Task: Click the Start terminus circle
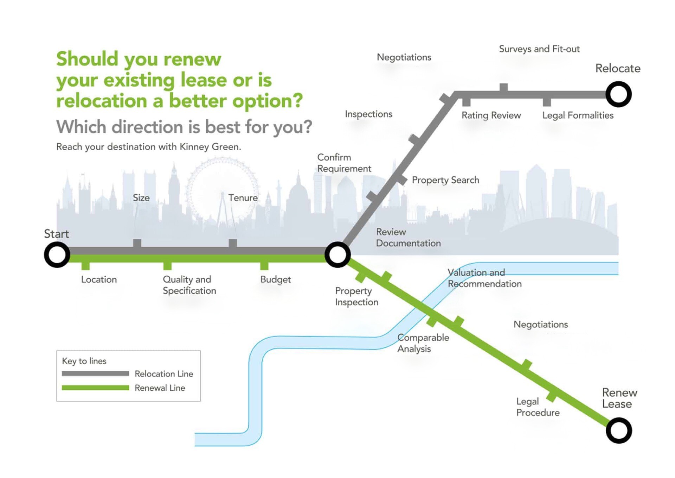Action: (x=57, y=254)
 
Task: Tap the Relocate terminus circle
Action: (x=618, y=94)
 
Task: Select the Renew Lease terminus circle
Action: (x=619, y=430)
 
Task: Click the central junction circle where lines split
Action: (x=337, y=254)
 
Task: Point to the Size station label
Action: (x=141, y=198)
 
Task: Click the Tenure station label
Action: (x=243, y=198)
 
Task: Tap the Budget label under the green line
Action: (x=275, y=279)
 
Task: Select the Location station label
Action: (x=99, y=279)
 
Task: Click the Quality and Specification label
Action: (x=189, y=285)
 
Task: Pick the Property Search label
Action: (x=445, y=180)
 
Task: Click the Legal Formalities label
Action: (x=578, y=115)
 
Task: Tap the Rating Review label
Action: (x=491, y=115)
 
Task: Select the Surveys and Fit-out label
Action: (x=539, y=49)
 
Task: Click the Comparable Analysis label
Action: (x=423, y=343)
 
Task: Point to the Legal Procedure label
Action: (x=538, y=407)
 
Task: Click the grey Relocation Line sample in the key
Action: (x=95, y=373)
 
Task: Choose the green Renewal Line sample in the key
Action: (x=95, y=388)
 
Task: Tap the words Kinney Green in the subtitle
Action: (x=210, y=147)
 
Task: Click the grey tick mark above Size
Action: (x=137, y=243)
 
